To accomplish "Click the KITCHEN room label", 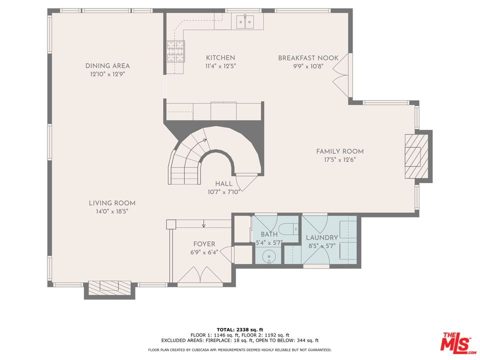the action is [x=220, y=57].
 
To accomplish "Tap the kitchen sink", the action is [x=245, y=21].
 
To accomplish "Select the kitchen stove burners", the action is [x=175, y=51].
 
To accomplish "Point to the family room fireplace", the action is [x=416, y=156].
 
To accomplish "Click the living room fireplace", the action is [x=109, y=288].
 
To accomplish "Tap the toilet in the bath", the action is [x=289, y=228].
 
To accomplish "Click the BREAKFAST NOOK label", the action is [x=308, y=58].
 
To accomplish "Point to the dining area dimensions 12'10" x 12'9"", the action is [x=107, y=74].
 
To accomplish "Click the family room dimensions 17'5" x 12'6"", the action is [x=340, y=159].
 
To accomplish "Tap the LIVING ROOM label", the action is [x=112, y=203].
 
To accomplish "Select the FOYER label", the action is [x=204, y=244].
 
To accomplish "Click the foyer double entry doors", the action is [x=200, y=274].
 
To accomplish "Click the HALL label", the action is [x=224, y=183].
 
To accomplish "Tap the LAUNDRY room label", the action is [x=322, y=237].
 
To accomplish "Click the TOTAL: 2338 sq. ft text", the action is [x=240, y=329].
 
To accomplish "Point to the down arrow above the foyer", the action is [x=204, y=224].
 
